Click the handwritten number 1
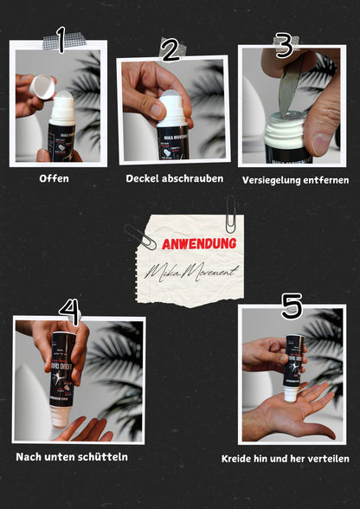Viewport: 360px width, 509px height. [60, 38]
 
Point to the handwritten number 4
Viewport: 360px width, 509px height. [69, 311]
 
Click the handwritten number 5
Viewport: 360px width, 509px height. [292, 305]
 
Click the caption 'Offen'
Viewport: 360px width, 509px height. [54, 179]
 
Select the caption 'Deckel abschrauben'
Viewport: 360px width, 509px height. [174, 178]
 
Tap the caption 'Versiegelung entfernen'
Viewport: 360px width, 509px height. [296, 180]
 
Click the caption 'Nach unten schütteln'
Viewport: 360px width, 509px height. [72, 456]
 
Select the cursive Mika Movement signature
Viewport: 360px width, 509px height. [191, 272]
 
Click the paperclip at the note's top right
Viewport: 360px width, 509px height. [231, 214]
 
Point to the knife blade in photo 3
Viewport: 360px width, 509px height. [290, 87]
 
